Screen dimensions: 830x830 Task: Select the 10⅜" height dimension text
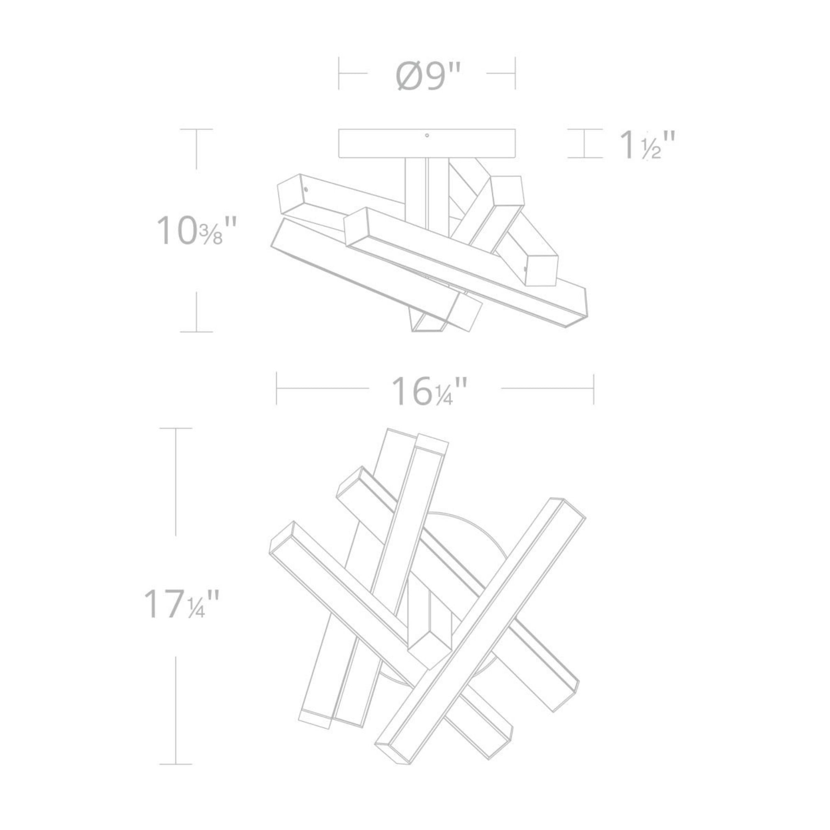[x=196, y=230]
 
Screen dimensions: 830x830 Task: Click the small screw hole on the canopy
[x=427, y=135]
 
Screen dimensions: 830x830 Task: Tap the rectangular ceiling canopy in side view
[x=427, y=143]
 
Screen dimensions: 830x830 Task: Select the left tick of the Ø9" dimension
[x=339, y=73]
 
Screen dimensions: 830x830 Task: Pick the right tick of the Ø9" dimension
[x=515, y=73]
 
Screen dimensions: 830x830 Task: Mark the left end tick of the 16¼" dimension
[x=277, y=389]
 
